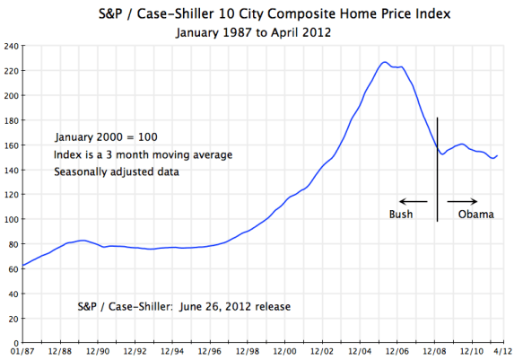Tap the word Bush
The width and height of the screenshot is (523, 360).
[x=401, y=215]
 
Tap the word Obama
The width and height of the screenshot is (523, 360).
[x=475, y=215]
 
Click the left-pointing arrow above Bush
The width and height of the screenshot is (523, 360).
[x=413, y=201]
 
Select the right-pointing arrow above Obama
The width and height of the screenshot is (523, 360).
[x=463, y=201]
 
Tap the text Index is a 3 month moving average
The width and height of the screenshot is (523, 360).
[x=143, y=155]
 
